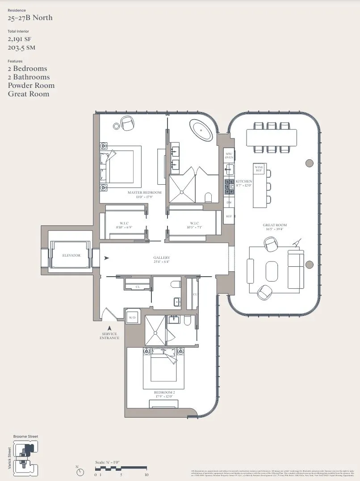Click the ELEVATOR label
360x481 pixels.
[x=71, y=255]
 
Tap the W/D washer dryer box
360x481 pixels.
[x=132, y=318]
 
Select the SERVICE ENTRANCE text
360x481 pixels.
[x=109, y=336]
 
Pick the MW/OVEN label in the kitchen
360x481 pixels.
[x=229, y=155]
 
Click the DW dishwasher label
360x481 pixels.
[x=229, y=202]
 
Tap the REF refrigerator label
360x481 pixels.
[x=229, y=216]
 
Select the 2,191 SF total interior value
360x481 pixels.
[x=20, y=39]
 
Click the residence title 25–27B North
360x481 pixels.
[x=30, y=18]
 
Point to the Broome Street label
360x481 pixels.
[x=25, y=436]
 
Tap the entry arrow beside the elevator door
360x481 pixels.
[x=106, y=258]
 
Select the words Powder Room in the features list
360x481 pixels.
[x=31, y=85]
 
